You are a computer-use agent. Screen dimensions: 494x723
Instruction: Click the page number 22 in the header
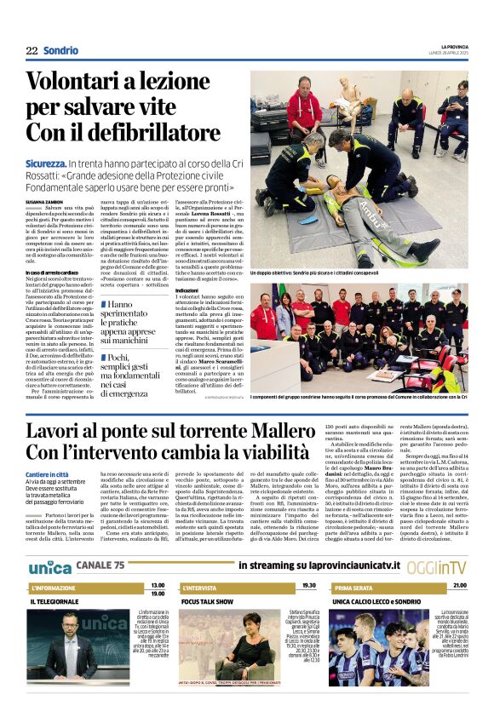[x=32, y=51]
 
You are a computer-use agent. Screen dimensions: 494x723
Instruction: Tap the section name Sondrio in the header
[x=60, y=51]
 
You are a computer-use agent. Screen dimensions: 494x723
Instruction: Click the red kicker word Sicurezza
[x=46, y=162]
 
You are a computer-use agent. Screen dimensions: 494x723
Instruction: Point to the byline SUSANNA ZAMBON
[x=43, y=201]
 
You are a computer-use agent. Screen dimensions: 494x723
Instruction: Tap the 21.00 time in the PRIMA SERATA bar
[x=459, y=586]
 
